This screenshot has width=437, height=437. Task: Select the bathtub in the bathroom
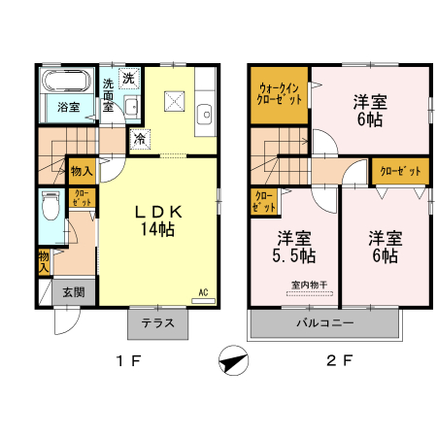[66, 81]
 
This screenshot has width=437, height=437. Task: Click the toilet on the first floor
[51, 206]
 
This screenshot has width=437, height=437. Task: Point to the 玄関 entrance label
[74, 291]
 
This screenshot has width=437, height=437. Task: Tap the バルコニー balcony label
[324, 323]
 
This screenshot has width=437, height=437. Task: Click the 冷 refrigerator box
[140, 138]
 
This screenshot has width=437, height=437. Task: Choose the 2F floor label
[338, 361]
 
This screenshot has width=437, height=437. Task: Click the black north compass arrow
[231, 363]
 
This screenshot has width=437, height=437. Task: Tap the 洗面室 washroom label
[109, 94]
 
